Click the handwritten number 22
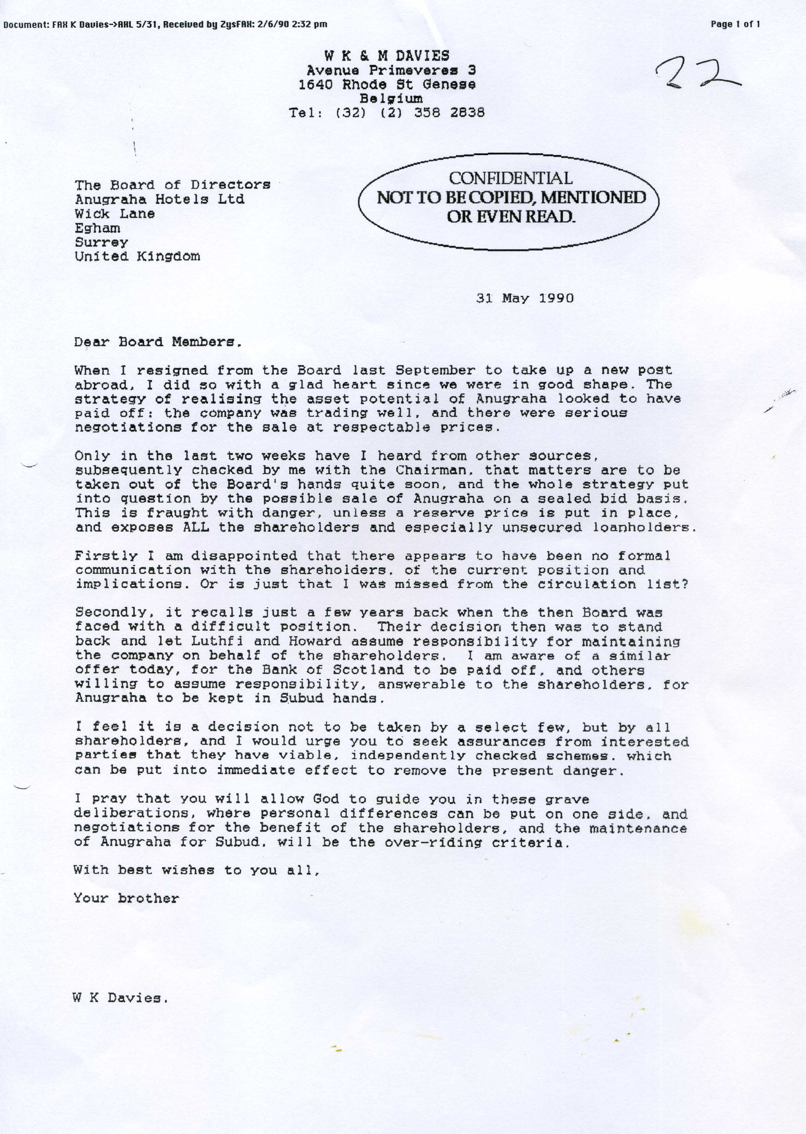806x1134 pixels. (697, 73)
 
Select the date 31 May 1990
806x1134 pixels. (525, 298)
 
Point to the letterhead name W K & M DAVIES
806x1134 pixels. (387, 56)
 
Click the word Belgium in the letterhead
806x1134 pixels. (392, 98)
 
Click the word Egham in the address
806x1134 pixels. (97, 228)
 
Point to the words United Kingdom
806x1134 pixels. (137, 257)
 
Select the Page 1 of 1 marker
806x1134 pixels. (735, 24)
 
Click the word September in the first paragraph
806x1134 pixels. (435, 370)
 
